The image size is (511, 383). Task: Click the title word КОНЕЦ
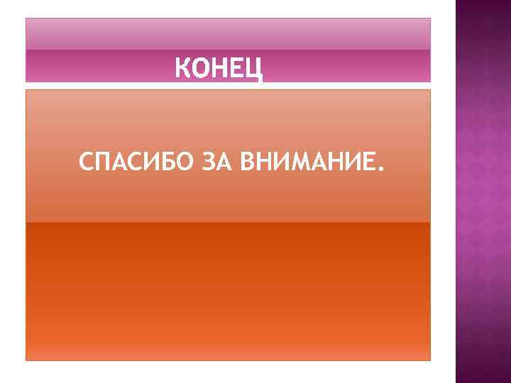click(219, 69)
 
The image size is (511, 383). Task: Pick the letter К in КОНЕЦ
click(182, 69)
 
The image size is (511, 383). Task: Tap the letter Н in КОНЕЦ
click(219, 69)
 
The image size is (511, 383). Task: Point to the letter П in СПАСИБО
click(102, 164)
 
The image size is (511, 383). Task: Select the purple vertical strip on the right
click(483, 191)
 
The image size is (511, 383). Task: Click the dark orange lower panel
click(228, 291)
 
